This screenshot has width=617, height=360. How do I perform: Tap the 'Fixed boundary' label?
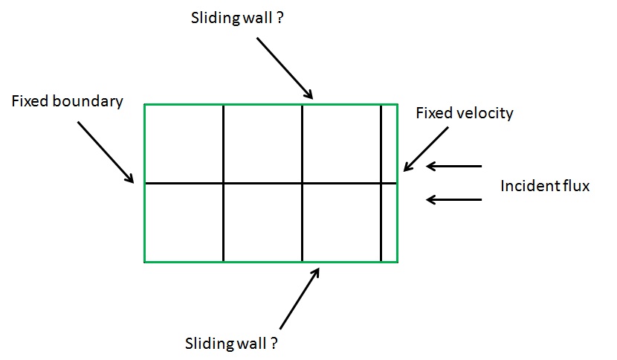[67, 101]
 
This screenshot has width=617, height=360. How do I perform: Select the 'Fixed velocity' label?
[464, 113]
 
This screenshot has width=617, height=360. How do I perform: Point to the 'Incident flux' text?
[544, 186]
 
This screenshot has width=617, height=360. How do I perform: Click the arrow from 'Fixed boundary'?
[106, 152]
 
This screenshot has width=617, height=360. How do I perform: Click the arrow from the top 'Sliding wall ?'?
[285, 67]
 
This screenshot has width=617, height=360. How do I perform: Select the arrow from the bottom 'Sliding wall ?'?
[300, 298]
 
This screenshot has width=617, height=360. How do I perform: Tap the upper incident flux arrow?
[454, 167]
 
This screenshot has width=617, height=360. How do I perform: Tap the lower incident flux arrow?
[454, 199]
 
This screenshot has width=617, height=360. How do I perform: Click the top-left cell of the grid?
[184, 144]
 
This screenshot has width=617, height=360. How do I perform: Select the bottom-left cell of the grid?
[184, 222]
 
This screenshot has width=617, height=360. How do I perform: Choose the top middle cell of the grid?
[262, 144]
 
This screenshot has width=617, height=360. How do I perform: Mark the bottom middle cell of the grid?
[262, 222]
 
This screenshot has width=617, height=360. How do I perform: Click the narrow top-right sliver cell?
[389, 144]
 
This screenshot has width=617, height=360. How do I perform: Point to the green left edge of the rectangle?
[144, 223]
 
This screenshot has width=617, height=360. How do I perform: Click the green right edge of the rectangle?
[397, 223]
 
